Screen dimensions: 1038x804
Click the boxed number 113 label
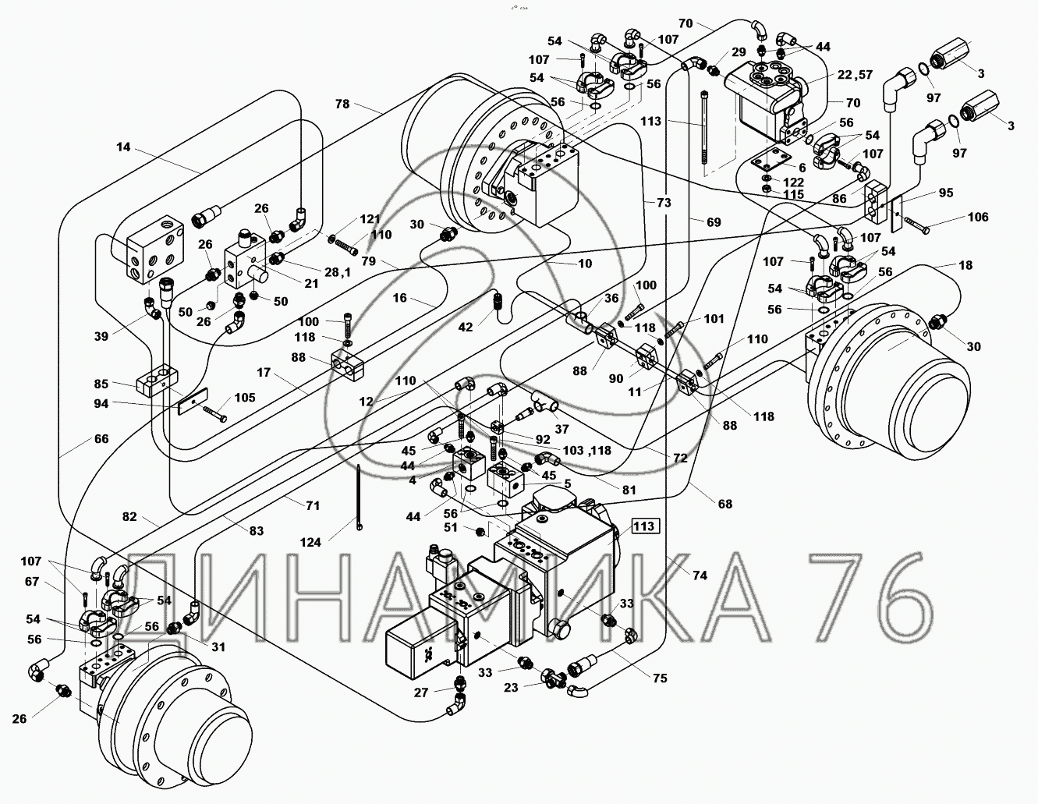tap(645, 526)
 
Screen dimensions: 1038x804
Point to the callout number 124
tap(310, 542)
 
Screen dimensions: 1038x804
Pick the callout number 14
tap(123, 147)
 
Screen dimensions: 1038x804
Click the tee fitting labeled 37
tap(545, 402)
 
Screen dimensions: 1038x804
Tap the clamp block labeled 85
tap(158, 381)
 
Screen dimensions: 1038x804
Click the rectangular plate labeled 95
tap(897, 214)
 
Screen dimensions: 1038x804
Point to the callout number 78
tap(342, 104)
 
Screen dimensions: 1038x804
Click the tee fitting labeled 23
tap(554, 677)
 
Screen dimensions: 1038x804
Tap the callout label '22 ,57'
tap(854, 75)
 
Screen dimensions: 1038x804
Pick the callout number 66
tap(101, 439)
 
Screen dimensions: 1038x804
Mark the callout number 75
tap(660, 678)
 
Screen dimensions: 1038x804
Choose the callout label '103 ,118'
tap(587, 450)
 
